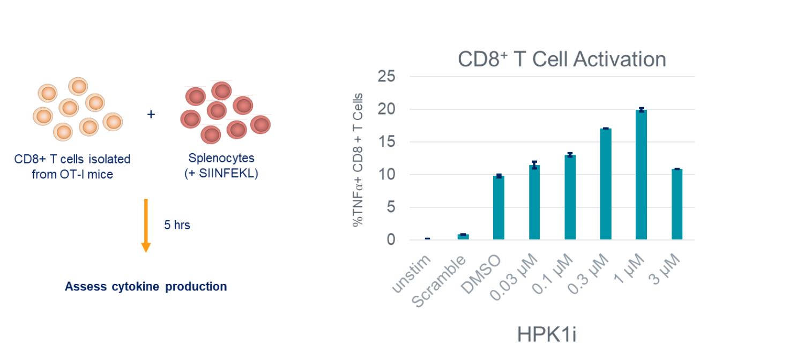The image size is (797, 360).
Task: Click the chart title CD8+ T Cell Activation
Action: (x=562, y=59)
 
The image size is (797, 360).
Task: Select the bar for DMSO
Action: (x=498, y=207)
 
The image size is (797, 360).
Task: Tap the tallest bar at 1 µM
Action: (x=641, y=175)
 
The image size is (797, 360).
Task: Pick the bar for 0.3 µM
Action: (x=606, y=184)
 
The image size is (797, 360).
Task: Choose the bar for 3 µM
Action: (x=676, y=204)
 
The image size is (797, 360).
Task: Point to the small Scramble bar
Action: (x=463, y=236)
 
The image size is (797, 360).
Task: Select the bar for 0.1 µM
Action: (x=570, y=197)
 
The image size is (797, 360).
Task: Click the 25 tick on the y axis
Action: (x=386, y=77)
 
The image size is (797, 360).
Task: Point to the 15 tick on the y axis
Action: (x=386, y=142)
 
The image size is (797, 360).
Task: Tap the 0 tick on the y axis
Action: (x=391, y=240)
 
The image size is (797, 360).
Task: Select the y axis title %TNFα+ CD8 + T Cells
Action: (x=358, y=160)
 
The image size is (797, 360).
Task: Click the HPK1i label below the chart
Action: (x=546, y=334)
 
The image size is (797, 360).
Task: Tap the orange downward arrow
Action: (x=146, y=225)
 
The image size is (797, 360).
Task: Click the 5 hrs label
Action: (x=177, y=226)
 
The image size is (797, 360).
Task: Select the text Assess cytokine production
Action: (x=146, y=287)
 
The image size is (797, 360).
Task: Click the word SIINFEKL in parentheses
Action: (x=227, y=174)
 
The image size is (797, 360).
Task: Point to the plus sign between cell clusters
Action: (x=151, y=115)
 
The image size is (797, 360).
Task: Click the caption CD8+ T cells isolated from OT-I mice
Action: (x=73, y=167)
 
